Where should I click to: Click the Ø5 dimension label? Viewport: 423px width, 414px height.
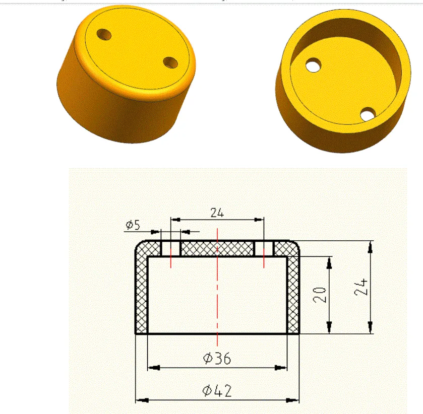coord(133,225)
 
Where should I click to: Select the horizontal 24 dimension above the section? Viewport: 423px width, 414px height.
coord(217,213)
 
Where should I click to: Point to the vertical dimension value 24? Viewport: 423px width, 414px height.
coord(362,288)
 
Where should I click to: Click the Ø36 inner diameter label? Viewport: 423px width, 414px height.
coord(217,358)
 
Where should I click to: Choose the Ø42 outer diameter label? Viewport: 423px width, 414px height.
coord(217,391)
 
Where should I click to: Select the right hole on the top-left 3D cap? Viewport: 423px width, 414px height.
coord(170,62)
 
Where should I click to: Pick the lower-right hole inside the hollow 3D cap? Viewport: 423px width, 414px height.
coord(369,114)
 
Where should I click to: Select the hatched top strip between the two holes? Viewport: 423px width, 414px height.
coord(217,248)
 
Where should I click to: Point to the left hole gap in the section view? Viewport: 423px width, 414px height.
coord(170,248)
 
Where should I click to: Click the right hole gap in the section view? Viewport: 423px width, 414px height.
coord(264,248)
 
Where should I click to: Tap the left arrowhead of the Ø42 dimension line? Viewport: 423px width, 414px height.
coord(140,400)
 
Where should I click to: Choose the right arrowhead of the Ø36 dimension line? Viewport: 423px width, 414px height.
coord(282,367)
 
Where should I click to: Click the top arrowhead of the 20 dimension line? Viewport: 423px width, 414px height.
coord(329,260)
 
